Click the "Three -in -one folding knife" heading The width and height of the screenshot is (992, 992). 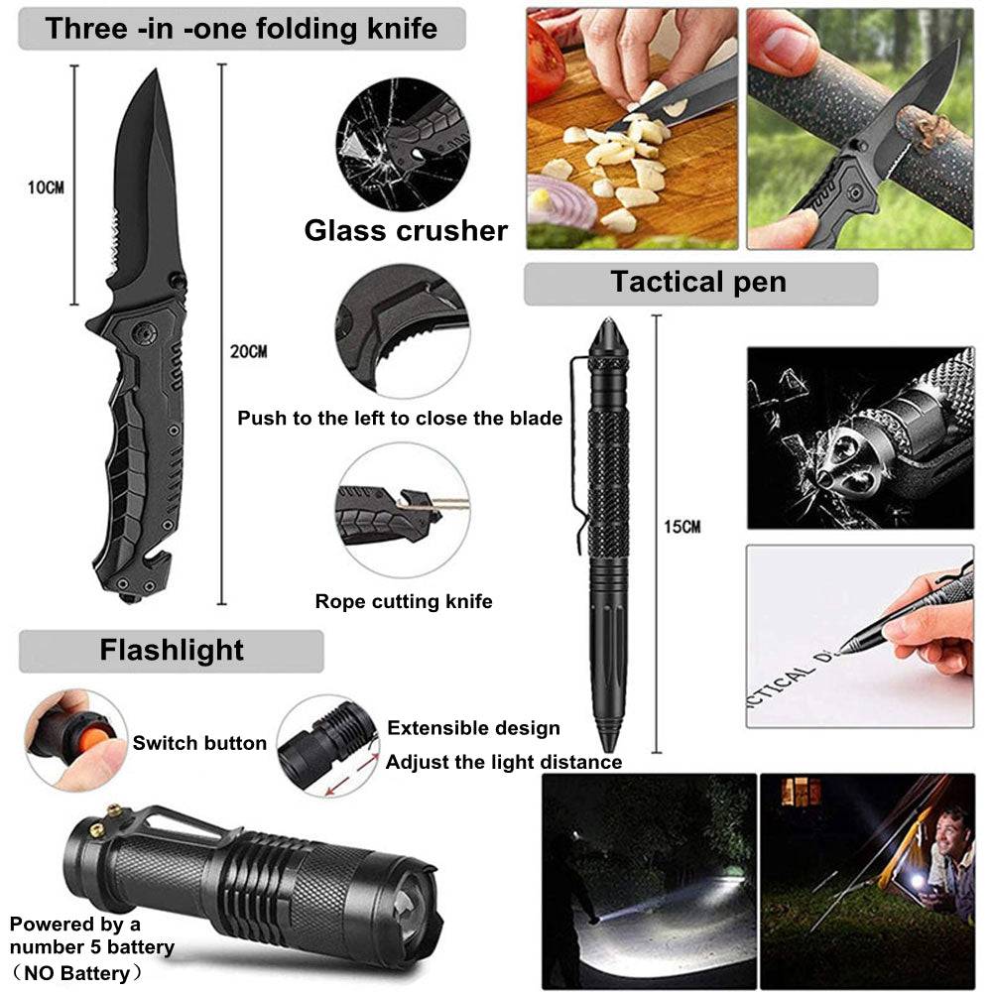[241, 29]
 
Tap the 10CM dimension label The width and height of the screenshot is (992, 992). [46, 187]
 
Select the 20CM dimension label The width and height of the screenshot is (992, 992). [248, 351]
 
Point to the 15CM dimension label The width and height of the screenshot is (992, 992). [682, 527]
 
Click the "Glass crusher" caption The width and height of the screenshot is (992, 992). [406, 230]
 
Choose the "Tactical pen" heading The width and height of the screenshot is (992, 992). [698, 282]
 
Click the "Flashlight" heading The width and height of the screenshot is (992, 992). [172, 651]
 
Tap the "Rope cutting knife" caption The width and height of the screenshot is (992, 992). [404, 601]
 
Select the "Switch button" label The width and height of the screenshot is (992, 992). [199, 743]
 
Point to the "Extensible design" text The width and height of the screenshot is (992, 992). [473, 728]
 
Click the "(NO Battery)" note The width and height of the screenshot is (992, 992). [77, 972]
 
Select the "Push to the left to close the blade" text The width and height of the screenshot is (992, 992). [400, 419]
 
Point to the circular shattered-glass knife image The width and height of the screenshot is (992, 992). [403, 144]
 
